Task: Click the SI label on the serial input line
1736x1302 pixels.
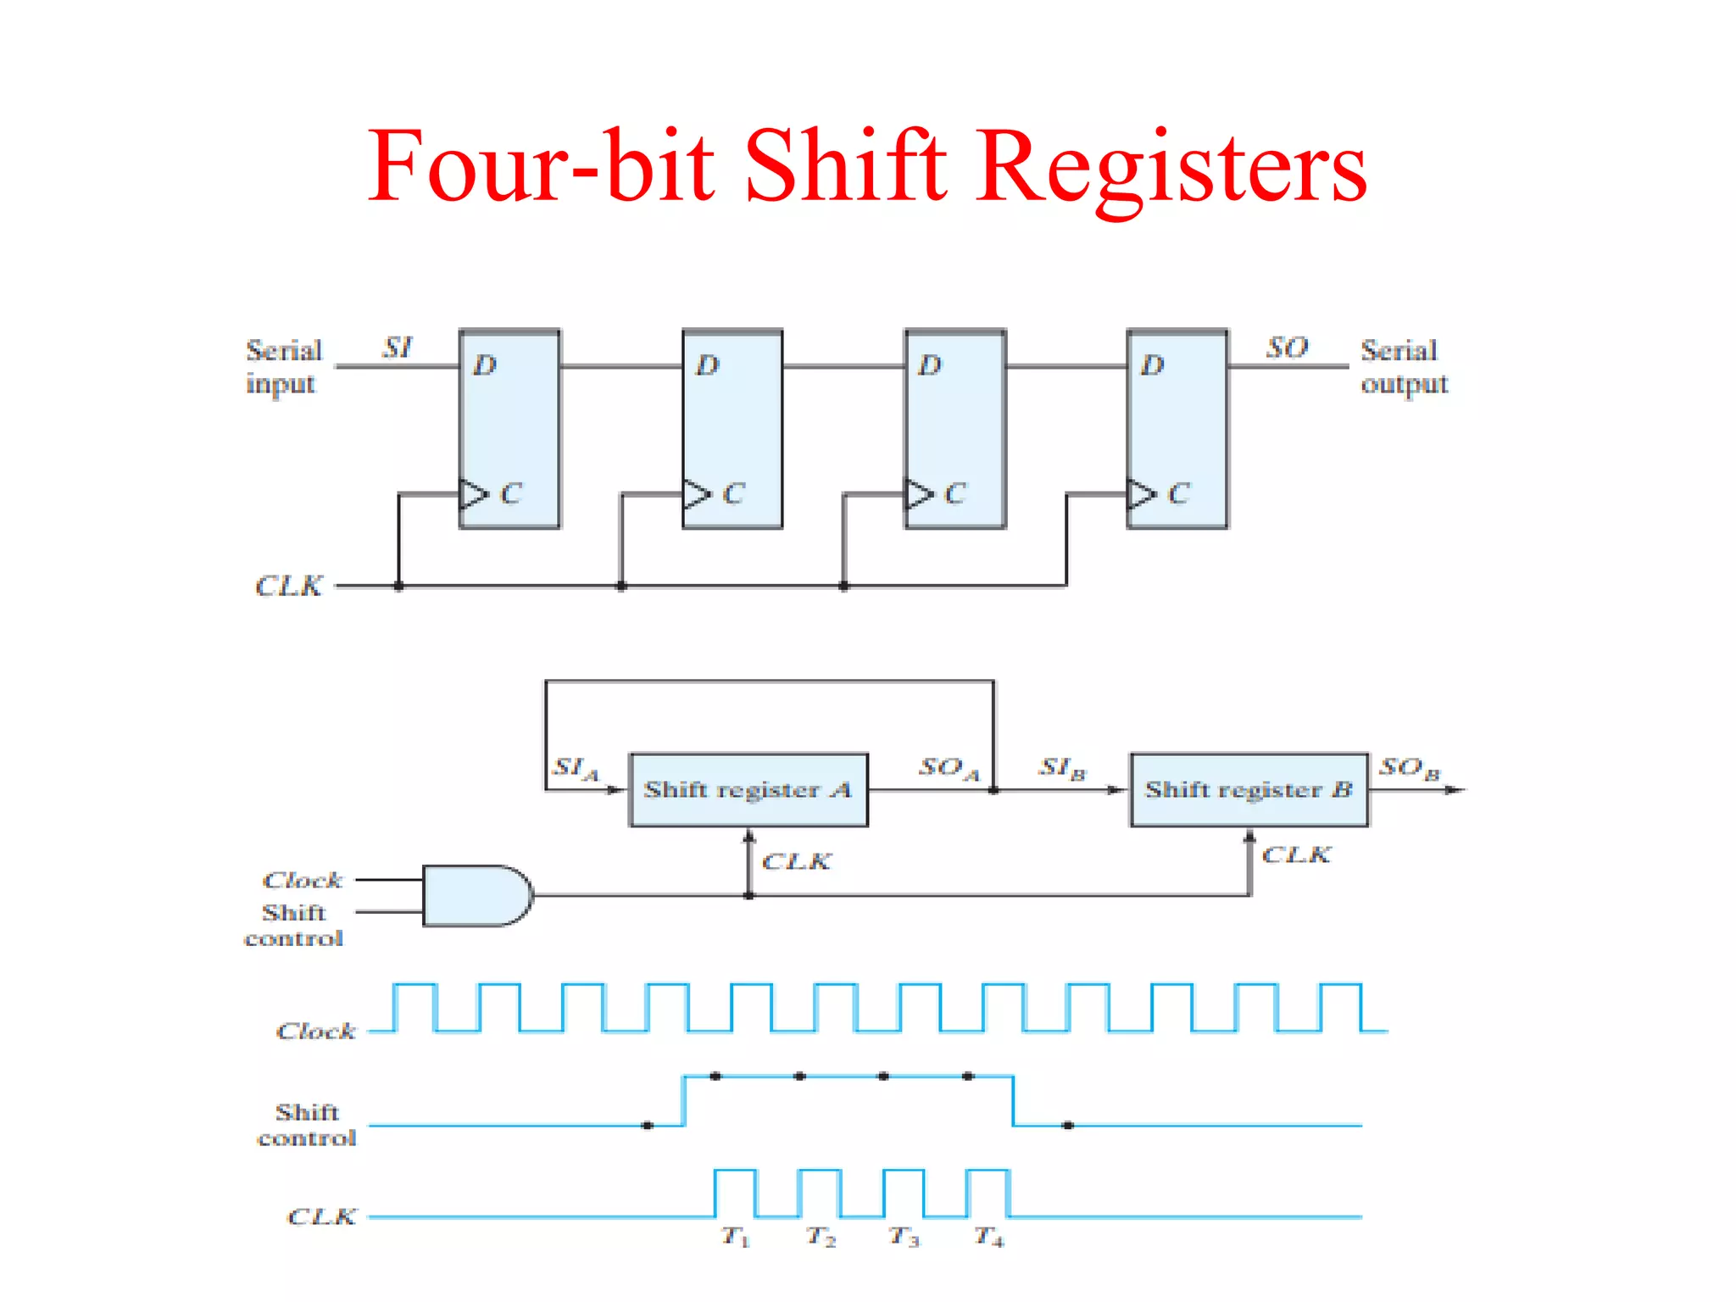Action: coord(398,347)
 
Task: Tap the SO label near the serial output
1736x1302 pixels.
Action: coord(1287,347)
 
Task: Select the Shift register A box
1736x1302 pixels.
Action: coord(748,789)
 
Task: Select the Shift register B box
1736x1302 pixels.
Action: coord(1249,789)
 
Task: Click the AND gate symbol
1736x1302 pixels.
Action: coord(476,895)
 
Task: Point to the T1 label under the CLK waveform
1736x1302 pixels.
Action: coord(735,1237)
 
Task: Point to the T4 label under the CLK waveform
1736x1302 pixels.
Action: coord(988,1237)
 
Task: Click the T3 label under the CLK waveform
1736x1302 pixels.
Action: coord(904,1237)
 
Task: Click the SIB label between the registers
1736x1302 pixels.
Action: coord(1062,768)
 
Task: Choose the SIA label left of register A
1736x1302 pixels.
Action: coord(576,768)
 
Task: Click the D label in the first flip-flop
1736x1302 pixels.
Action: coord(485,365)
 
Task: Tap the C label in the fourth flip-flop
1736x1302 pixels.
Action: coord(1178,493)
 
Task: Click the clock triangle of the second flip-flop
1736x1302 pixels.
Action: coord(696,494)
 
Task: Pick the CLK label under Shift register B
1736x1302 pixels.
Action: coord(1296,854)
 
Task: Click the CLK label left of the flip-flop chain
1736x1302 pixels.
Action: coord(289,586)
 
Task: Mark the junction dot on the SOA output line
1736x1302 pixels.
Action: coord(993,790)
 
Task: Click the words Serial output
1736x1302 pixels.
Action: coord(1404,367)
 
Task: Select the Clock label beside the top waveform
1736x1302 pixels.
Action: coord(315,1031)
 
